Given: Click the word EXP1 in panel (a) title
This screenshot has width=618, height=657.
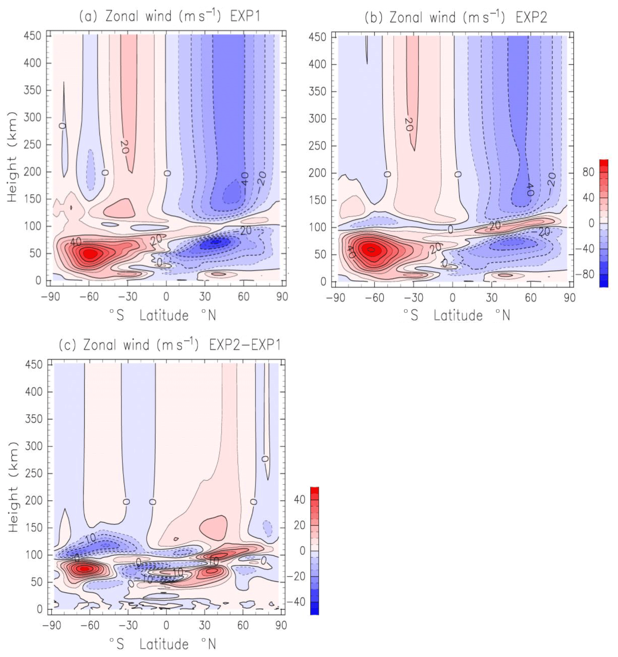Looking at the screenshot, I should [245, 16].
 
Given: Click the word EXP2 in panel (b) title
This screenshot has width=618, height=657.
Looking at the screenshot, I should [531, 17].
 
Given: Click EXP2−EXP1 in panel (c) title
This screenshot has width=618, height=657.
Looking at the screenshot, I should [245, 345].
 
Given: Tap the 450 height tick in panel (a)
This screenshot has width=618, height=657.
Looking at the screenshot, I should [33, 35].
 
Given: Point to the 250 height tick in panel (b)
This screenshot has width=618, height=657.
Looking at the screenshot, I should [317, 146].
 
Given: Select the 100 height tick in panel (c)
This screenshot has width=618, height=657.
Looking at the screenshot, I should [34, 555].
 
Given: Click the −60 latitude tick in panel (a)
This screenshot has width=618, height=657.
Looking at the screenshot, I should [89, 297].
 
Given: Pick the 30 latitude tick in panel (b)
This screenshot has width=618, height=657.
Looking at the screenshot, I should [492, 298].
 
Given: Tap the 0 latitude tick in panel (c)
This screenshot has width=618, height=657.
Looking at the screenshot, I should [166, 625].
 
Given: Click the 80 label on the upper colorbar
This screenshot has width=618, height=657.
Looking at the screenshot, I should [588, 172].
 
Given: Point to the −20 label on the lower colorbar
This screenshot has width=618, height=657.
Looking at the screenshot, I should [296, 576].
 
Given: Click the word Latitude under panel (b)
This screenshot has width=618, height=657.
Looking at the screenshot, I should [458, 316].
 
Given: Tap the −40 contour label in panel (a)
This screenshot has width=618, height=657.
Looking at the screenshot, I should [245, 179].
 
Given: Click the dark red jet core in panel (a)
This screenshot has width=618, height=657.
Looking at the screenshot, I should [90, 253].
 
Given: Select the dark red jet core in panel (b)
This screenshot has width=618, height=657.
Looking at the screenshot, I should [371, 250].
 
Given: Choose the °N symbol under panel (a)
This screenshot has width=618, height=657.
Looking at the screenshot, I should [209, 315].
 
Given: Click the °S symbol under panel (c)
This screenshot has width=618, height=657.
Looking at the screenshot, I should [117, 644].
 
